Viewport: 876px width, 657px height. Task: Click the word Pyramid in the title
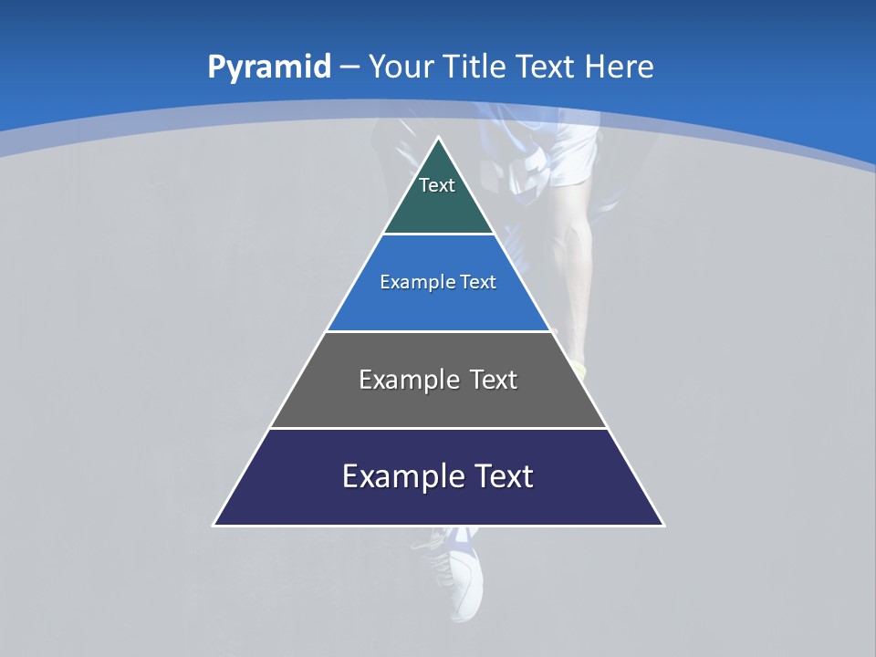click(269, 68)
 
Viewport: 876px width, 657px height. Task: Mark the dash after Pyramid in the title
click(349, 68)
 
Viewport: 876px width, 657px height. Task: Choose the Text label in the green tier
click(436, 185)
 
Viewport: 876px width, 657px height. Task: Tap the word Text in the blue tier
click(479, 282)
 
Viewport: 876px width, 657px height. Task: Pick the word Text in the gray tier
click(494, 380)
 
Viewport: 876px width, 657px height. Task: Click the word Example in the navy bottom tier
click(401, 476)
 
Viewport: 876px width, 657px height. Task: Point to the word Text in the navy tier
click(503, 476)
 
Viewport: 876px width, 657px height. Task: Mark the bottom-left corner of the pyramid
click(214, 525)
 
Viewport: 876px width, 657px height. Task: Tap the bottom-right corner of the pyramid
click(663, 525)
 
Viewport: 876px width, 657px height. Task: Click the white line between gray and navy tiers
click(439, 428)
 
